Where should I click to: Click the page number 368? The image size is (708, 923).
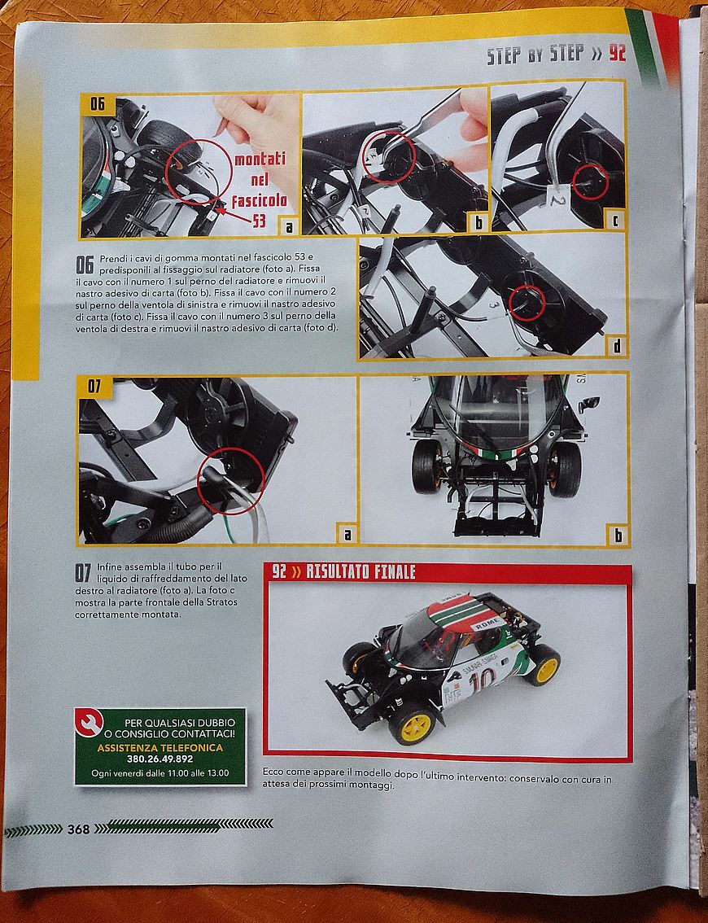[78, 829]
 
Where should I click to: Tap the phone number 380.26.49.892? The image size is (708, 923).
[160, 759]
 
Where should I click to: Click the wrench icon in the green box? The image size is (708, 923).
[90, 722]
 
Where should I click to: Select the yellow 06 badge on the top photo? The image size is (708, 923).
[98, 104]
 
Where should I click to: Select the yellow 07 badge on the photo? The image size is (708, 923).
[94, 386]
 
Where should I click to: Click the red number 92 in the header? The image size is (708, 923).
[617, 54]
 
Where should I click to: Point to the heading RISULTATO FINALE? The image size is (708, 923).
[361, 572]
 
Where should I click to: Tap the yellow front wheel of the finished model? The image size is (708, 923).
[412, 722]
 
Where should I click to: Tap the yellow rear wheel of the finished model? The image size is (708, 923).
[544, 665]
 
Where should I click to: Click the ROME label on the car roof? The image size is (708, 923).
[487, 623]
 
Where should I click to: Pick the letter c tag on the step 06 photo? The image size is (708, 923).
[615, 220]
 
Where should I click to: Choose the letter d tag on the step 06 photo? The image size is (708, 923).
[616, 347]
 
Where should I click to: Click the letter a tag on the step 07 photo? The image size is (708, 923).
[347, 533]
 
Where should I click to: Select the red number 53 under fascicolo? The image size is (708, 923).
[260, 221]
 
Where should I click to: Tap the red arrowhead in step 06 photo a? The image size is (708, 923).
[219, 204]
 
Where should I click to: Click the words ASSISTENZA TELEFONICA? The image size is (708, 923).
[160, 747]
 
